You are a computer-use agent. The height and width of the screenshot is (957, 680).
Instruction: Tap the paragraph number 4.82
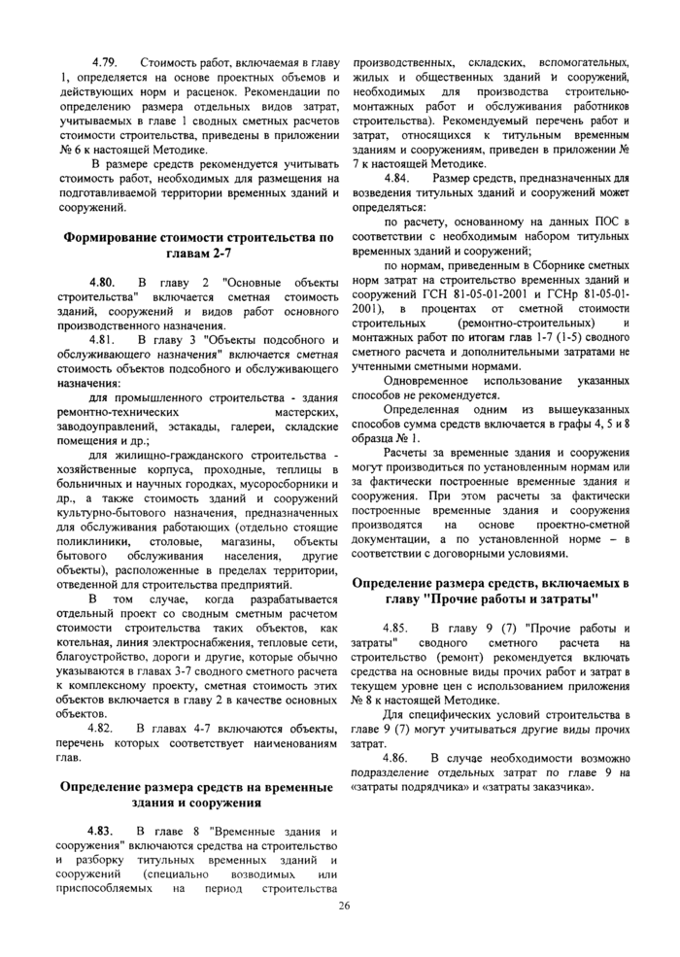(x=103, y=728)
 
